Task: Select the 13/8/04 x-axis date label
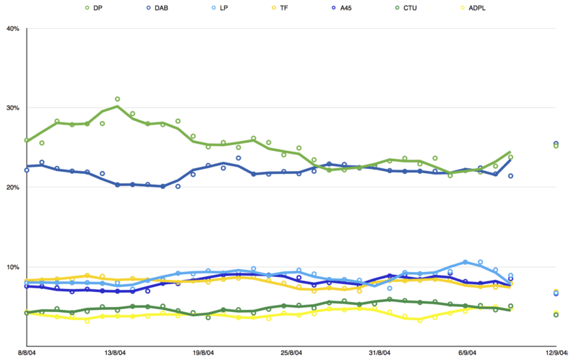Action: [x=116, y=353]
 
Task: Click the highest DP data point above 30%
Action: [x=117, y=99]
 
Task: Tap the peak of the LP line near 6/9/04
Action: [x=465, y=262]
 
